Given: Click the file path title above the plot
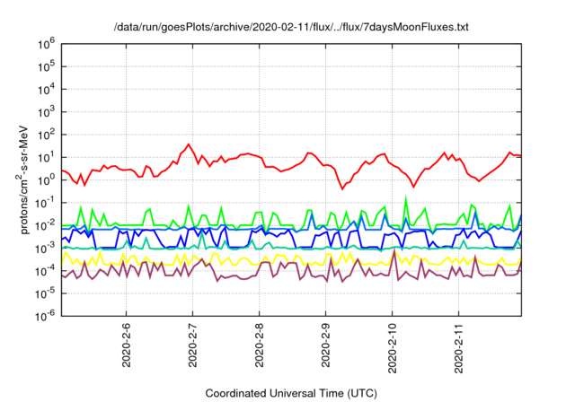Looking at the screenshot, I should [291, 27].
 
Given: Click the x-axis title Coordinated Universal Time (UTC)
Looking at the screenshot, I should [291, 393].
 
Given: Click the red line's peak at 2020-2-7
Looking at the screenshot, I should [189, 144].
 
